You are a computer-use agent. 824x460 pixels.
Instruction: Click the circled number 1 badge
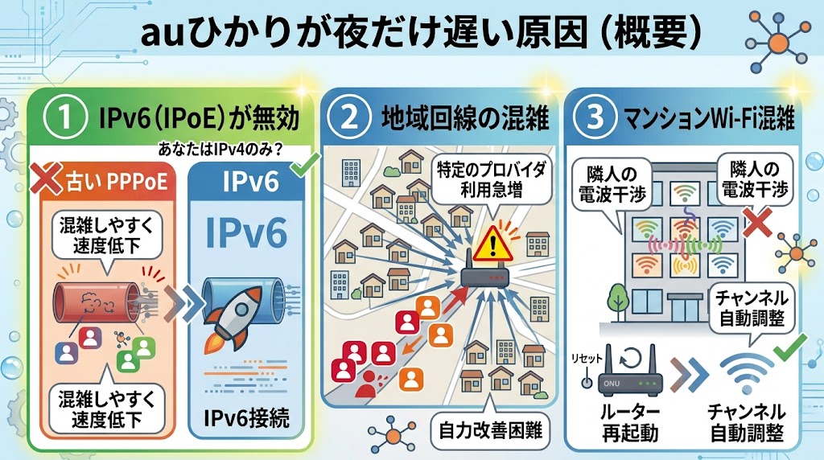click(64, 117)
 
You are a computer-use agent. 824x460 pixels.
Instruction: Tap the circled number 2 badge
click(349, 117)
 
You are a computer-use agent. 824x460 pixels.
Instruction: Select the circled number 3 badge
click(595, 117)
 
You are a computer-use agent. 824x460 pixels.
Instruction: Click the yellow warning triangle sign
click(492, 244)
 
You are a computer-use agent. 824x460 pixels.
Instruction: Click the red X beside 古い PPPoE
click(45, 179)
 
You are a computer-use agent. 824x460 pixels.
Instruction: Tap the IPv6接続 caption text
click(246, 418)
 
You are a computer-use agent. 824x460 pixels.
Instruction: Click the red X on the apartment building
click(756, 222)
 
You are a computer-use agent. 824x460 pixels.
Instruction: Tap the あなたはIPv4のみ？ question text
click(220, 150)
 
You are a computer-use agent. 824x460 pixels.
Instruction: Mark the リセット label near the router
click(587, 359)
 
